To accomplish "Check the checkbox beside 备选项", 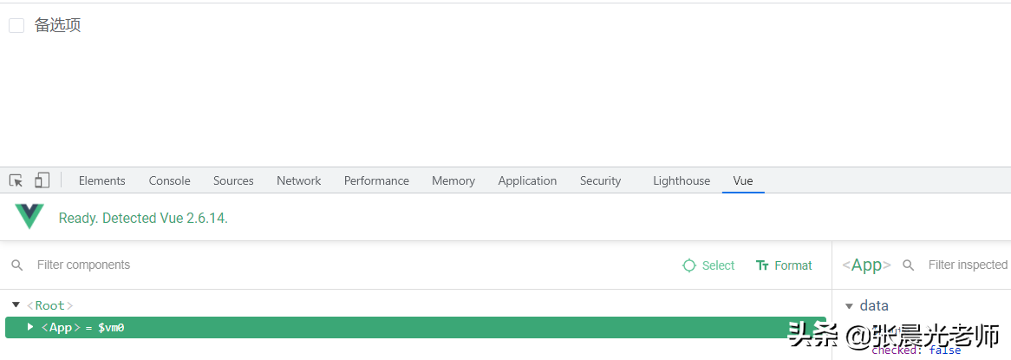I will (x=16, y=26).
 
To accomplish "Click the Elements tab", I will (x=101, y=180).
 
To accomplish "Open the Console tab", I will (x=169, y=180).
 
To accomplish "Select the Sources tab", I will (x=233, y=180).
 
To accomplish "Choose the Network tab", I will (x=298, y=180).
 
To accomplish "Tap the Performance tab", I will (x=376, y=180).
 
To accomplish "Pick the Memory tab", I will (x=453, y=180).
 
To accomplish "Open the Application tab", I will (x=527, y=180).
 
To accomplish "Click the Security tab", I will (x=600, y=180).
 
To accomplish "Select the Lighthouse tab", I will (x=681, y=180).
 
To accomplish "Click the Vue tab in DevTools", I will (x=742, y=180).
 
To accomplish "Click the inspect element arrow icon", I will (x=16, y=180).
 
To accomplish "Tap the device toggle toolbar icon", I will (x=42, y=180).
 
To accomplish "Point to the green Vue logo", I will (x=29, y=217).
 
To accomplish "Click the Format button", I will (x=784, y=265).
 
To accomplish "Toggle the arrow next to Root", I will (x=16, y=305).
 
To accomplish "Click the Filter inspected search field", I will (x=967, y=265).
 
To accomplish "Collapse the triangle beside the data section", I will (x=849, y=306).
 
